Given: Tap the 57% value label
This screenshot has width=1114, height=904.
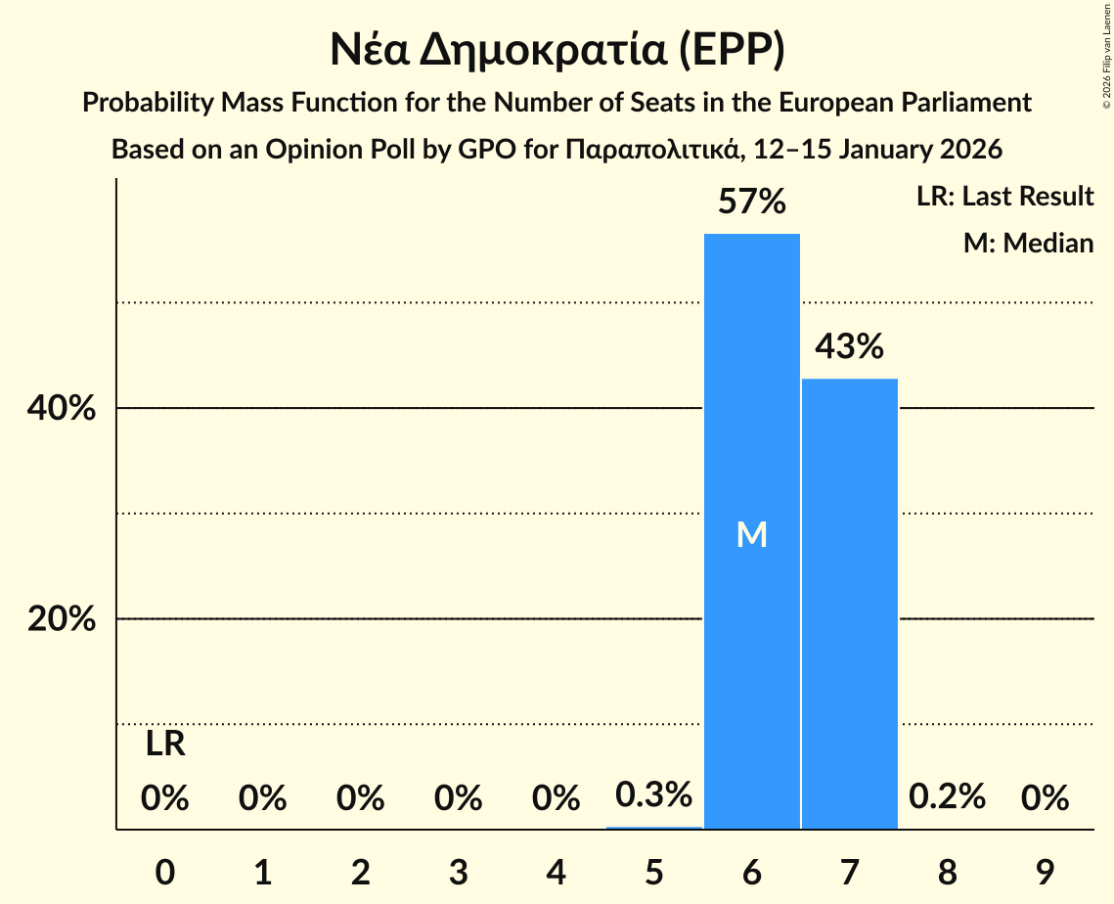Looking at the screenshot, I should point(751,203).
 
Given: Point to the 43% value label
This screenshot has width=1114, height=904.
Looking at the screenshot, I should point(849,346).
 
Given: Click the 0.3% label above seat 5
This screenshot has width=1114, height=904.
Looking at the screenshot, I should point(653,795).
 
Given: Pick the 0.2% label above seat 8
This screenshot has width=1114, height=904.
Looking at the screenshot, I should point(947,797).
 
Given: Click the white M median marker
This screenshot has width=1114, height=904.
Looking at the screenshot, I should point(751,534).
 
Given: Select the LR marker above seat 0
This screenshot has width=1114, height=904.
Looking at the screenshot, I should point(165,745).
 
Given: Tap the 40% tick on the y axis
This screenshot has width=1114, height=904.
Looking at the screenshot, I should point(62,409).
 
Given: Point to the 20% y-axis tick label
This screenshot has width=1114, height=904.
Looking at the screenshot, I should point(62,620).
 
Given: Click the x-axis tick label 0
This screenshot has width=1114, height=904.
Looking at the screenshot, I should point(165,873).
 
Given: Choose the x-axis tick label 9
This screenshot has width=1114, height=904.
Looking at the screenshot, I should point(1045,873).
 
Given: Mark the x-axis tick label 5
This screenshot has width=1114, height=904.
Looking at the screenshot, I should point(653,873).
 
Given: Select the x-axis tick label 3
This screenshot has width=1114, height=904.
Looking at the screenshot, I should point(458,873).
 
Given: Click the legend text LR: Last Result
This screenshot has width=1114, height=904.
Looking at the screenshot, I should point(1004,197).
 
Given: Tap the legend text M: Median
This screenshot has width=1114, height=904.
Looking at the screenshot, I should point(1028,243).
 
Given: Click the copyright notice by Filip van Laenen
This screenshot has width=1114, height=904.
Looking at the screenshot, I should point(1106,59).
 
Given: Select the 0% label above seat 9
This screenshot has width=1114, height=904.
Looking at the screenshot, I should point(1045,799).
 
